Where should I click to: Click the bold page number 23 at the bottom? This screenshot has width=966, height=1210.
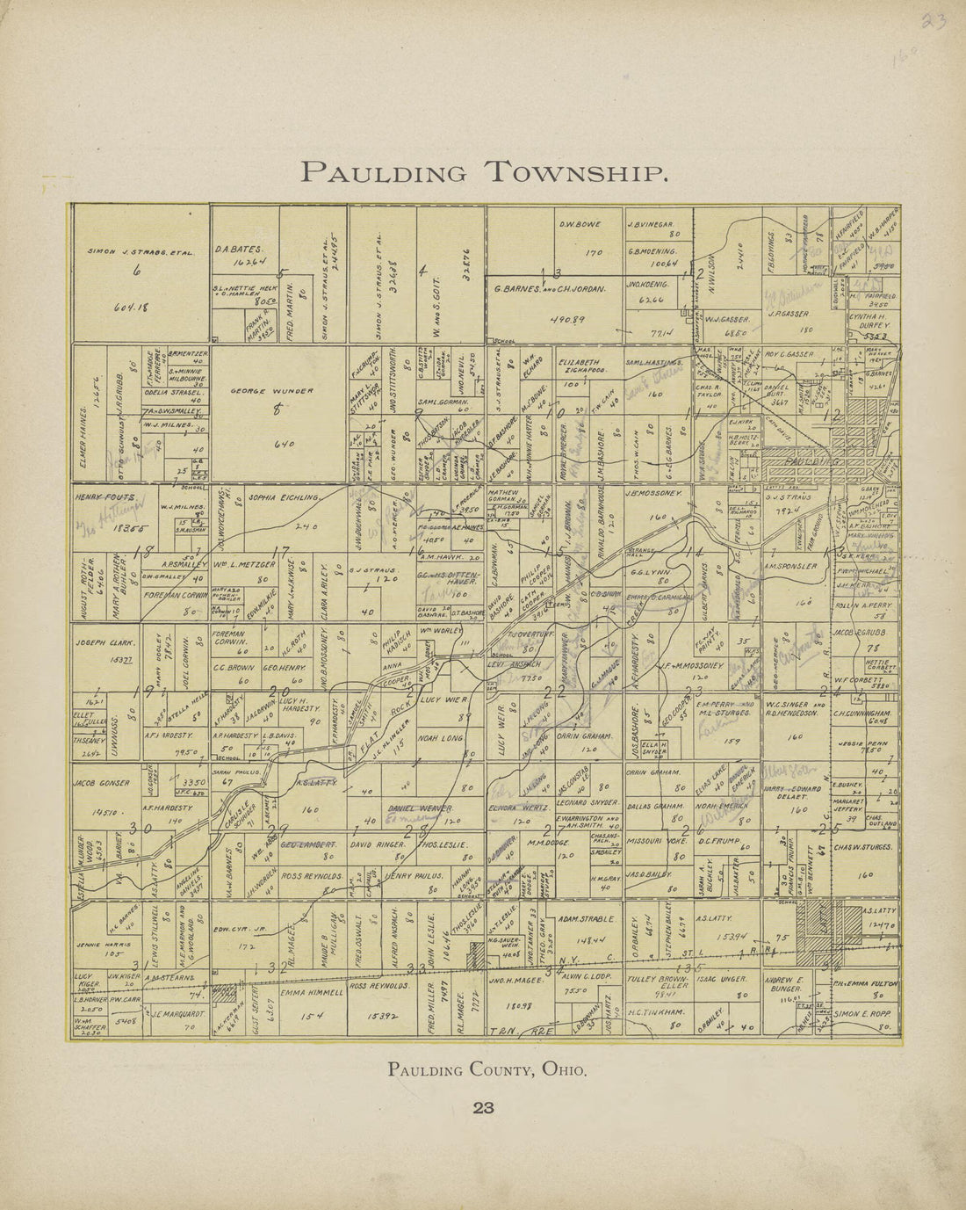[x=484, y=1108]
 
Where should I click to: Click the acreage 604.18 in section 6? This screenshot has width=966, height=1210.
[x=128, y=308]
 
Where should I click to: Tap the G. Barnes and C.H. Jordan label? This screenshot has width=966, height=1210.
[x=550, y=288]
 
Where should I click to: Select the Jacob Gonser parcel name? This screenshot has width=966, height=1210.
[x=102, y=782]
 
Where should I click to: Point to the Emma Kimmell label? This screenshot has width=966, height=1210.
[x=311, y=992]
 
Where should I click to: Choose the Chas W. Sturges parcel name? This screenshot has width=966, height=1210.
[x=864, y=847]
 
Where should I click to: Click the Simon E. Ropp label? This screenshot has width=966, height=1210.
[x=864, y=1013]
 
